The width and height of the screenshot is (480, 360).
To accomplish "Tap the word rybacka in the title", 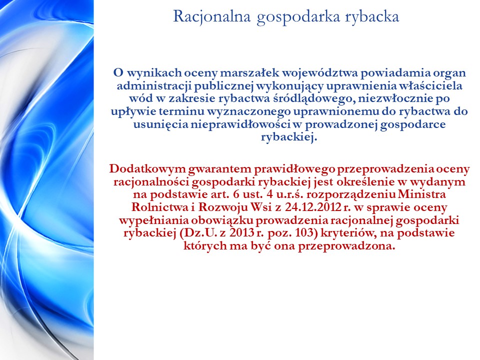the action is tap(372, 16).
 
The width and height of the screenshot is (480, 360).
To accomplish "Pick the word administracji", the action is tap(154, 86).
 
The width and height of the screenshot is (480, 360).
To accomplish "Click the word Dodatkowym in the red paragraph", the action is tap(147, 169).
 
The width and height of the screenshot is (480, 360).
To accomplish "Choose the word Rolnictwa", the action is tap(159, 207).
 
